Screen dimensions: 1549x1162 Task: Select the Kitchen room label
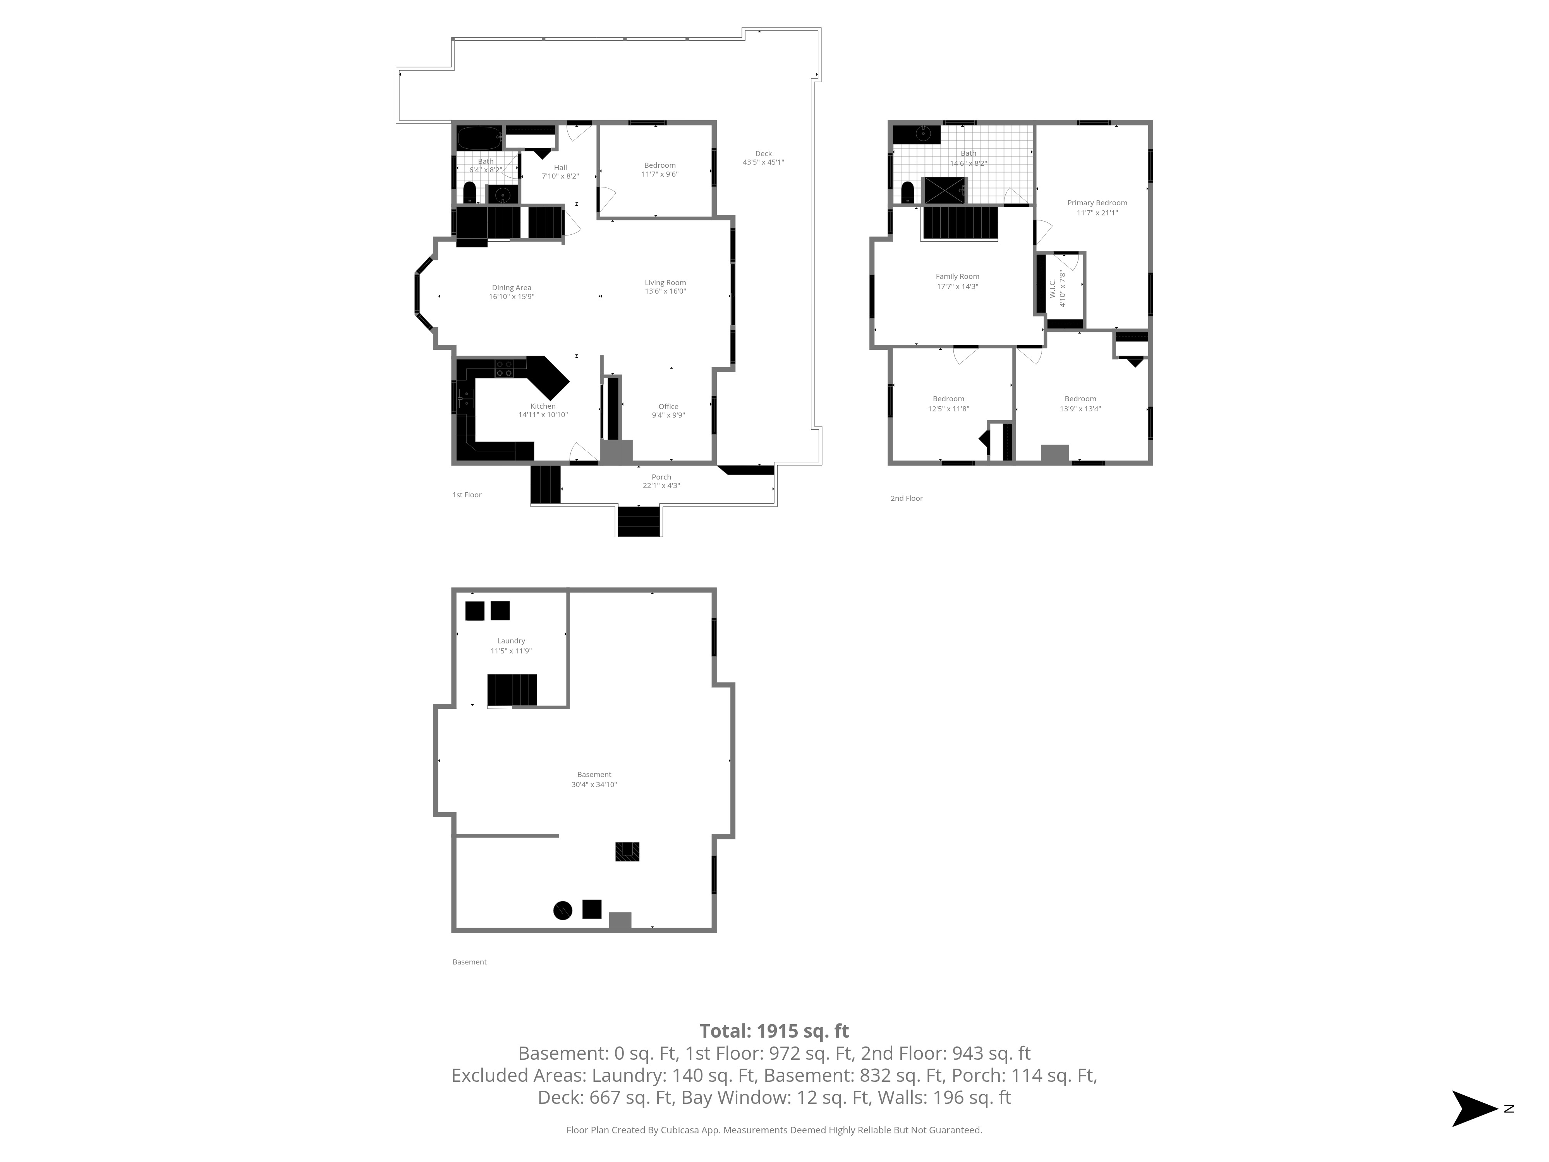pos(543,406)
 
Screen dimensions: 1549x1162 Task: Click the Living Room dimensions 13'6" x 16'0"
pos(665,291)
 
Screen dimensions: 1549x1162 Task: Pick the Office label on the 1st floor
pos(668,406)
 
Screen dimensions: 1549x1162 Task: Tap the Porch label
pos(661,477)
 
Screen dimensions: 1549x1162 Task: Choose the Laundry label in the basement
pos(511,641)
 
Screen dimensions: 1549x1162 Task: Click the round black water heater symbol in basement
pos(562,911)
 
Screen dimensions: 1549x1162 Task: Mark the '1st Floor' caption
pos(467,495)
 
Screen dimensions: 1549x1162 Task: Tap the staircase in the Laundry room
pos(512,690)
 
